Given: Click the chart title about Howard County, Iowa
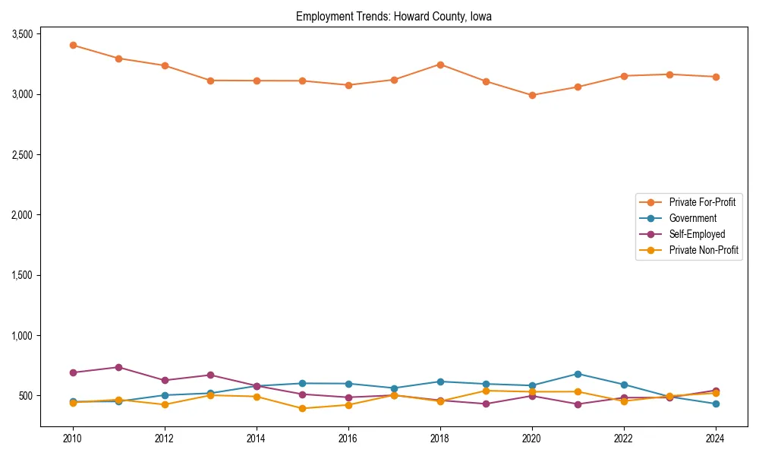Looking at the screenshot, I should click(394, 17).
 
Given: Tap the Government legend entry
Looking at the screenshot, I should click(692, 218).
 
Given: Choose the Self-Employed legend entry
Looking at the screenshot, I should click(697, 234).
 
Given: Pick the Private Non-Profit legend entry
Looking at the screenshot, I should click(704, 250).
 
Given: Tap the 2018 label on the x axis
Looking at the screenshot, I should click(439, 439).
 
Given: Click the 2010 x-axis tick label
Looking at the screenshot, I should click(73, 439).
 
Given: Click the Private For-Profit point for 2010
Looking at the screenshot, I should click(73, 45).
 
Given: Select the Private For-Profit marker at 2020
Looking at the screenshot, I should click(532, 95).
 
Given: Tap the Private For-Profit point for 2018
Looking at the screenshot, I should click(440, 65).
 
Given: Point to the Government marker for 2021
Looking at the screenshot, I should click(578, 374).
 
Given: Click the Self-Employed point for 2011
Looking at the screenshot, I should click(118, 367).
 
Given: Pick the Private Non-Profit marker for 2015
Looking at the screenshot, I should click(302, 408).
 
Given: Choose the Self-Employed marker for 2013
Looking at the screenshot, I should click(210, 375).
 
